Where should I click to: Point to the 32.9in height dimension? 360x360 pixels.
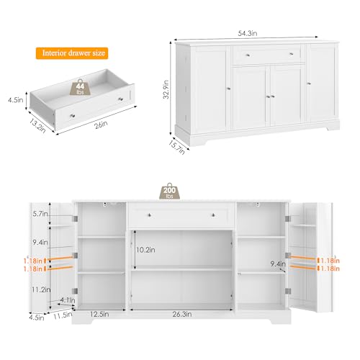pos(166,93)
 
